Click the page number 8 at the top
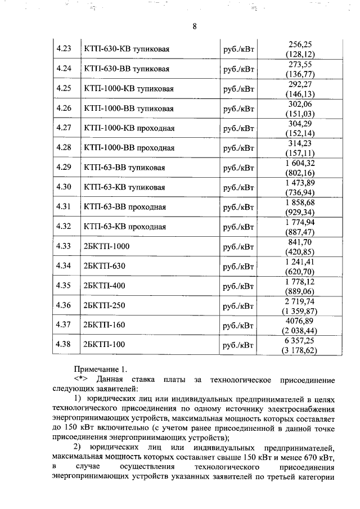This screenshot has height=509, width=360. pyautogui.click(x=194, y=27)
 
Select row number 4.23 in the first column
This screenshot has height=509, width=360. pyautogui.click(x=64, y=49)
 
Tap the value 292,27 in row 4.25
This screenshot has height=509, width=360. pyautogui.click(x=300, y=84)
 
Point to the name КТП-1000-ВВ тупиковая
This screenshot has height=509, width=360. pyautogui.click(x=128, y=108)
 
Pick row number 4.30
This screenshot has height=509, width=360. pyautogui.click(x=64, y=187)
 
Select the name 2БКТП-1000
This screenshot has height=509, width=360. pyautogui.click(x=105, y=246)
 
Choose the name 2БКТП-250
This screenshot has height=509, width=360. pyautogui.click(x=102, y=305)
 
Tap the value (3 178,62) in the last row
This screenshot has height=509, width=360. pyautogui.click(x=300, y=350)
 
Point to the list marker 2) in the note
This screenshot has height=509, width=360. pyautogui.click(x=79, y=448)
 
